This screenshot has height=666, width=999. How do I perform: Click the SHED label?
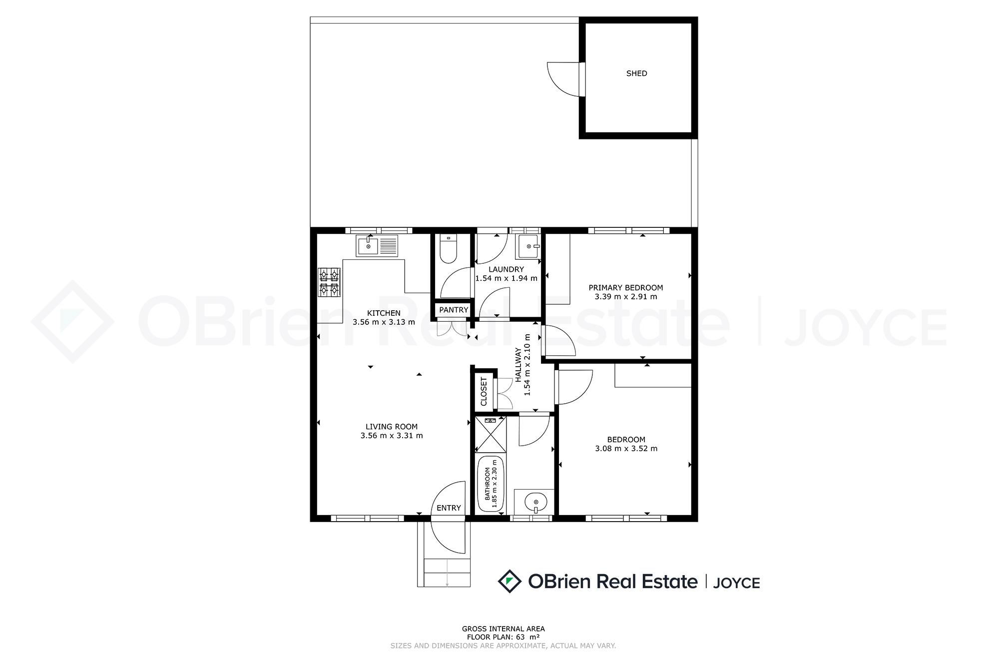tap(636, 73)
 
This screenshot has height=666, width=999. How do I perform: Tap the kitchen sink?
tap(378, 245)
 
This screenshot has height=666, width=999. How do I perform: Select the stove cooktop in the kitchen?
tap(330, 282)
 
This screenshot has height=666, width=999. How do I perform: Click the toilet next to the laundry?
tap(448, 249)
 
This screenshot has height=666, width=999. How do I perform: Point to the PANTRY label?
tap(454, 310)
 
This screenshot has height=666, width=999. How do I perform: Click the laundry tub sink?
tap(529, 246)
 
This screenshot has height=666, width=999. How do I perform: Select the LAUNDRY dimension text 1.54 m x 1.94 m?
tap(506, 278)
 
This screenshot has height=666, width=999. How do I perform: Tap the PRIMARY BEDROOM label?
tap(626, 288)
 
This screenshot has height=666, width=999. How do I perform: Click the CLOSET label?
tap(484, 392)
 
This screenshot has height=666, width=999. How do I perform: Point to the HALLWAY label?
tap(518, 365)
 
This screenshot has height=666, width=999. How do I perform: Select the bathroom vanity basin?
tap(534, 502)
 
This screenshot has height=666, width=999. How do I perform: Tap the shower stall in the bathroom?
tap(490, 434)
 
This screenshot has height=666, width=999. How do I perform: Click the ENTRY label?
tap(449, 508)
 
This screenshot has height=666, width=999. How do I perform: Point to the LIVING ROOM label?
tap(392, 427)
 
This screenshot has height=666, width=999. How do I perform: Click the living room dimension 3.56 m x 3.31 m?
tap(392, 436)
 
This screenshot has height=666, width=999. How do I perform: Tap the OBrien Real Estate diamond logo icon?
tap(510, 581)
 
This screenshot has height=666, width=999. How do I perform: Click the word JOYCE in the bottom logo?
tap(736, 583)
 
